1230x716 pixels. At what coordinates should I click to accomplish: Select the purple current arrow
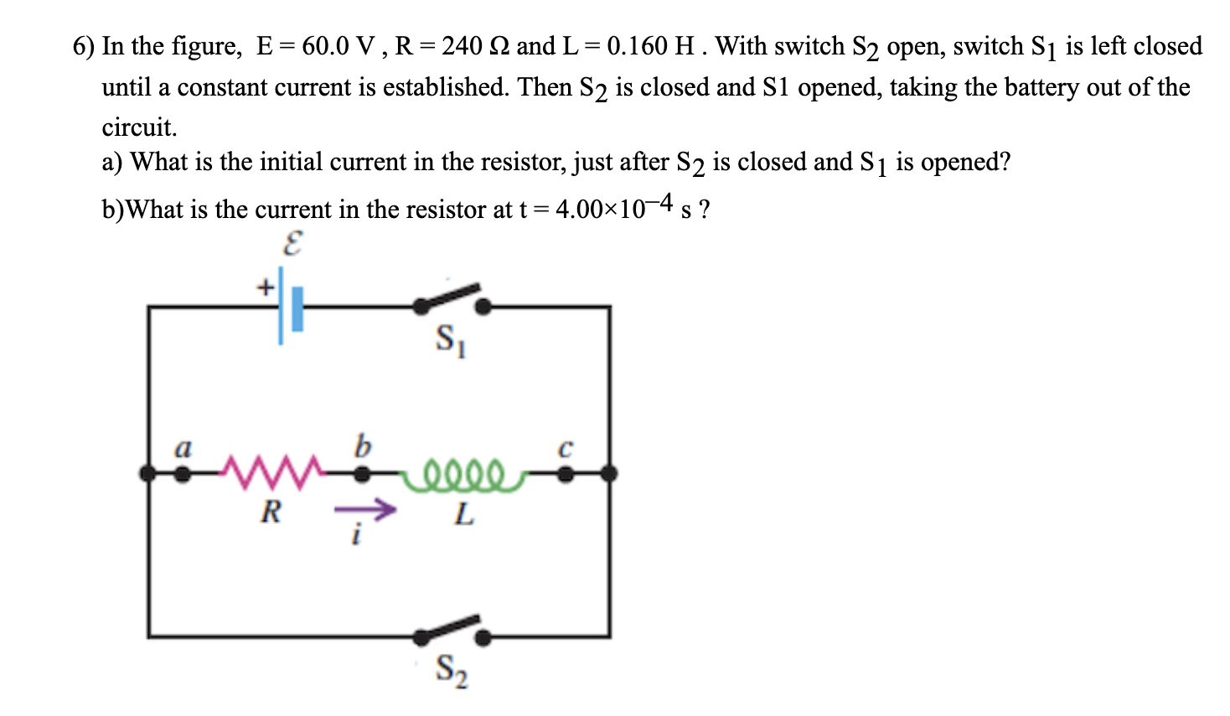pos(364,509)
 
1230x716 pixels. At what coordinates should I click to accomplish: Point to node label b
pos(361,445)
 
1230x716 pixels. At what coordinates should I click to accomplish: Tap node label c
pos(566,449)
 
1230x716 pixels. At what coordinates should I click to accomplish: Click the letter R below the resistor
pos(270,511)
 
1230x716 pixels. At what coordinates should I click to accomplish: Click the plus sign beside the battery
pos(265,288)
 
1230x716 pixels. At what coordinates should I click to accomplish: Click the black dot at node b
pos(361,475)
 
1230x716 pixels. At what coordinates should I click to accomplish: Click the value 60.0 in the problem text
pos(325,46)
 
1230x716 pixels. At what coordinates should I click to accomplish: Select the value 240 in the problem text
pos(462,46)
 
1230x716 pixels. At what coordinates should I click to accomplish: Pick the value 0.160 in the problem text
pos(637,46)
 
